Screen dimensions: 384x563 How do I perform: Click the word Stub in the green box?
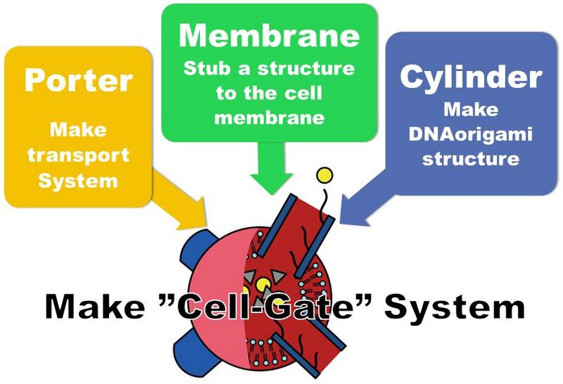pos(203,70)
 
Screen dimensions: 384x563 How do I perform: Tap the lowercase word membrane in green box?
pos(270,117)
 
